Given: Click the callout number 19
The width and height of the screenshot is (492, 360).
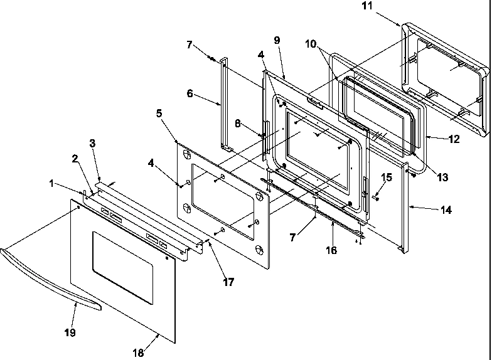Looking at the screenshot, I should [70, 332].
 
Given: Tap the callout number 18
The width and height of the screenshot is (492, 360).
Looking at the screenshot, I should [137, 353].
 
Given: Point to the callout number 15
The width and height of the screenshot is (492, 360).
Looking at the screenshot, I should [387, 177].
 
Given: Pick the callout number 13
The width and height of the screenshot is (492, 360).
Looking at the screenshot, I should [442, 177].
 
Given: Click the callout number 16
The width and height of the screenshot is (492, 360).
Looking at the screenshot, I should [331, 250].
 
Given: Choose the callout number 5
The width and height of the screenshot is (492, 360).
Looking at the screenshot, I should [159, 114].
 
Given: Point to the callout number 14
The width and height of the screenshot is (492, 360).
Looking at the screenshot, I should [445, 211].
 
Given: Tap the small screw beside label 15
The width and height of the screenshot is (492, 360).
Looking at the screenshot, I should [376, 195].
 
